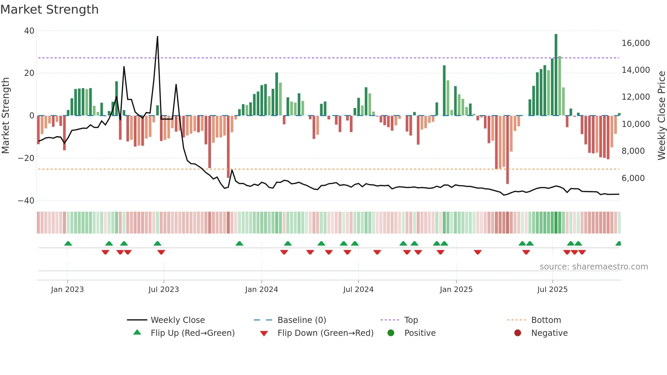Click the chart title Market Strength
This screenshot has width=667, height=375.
pyautogui.click(x=49, y=10)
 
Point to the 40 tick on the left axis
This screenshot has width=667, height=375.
pyautogui.click(x=29, y=31)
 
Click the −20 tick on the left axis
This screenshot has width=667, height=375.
pyautogui.click(x=26, y=158)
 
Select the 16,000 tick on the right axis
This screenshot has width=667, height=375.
pyautogui.click(x=635, y=43)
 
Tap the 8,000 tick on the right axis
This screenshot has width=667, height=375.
pyautogui.click(x=633, y=151)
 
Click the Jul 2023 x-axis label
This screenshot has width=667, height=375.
pyautogui.click(x=164, y=290)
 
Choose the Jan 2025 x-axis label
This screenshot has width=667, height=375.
pyautogui.click(x=456, y=290)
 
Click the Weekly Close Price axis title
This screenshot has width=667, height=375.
pyautogui.click(x=661, y=116)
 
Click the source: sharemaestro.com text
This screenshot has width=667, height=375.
pyautogui.click(x=593, y=267)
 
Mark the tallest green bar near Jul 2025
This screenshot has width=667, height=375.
pyautogui.click(x=556, y=75)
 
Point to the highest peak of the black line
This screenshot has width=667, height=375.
pyautogui.click(x=157, y=37)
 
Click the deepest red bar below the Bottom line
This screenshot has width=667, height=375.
pyautogui.click(x=507, y=150)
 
